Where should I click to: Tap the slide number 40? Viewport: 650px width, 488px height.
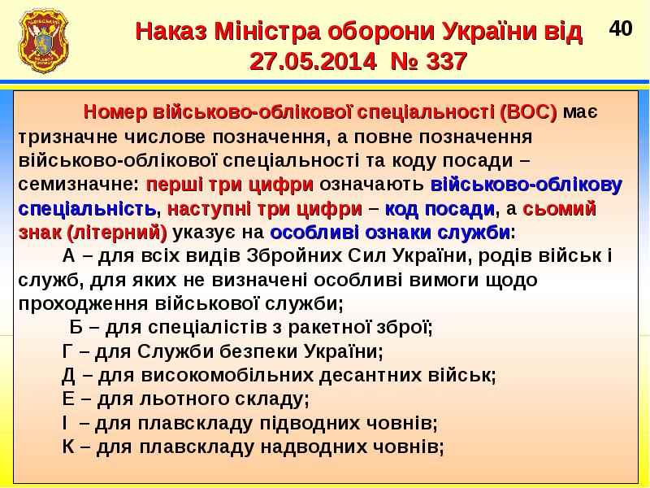pos(621,29)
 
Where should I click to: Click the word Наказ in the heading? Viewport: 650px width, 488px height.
pos(171,33)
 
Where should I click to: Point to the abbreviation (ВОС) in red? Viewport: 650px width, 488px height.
pos(528,112)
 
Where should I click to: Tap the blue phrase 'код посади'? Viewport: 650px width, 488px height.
pos(440,208)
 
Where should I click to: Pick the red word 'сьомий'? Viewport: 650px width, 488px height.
pos(560,208)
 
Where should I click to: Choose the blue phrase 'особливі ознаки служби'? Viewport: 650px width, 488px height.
pos(389,233)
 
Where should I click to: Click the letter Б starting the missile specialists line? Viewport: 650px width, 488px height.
pos(76,329)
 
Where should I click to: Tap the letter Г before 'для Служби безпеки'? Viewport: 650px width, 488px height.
pos(68,352)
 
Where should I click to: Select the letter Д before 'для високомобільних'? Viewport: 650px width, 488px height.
pos(69,376)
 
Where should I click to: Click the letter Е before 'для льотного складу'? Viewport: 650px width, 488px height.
pos(68,399)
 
